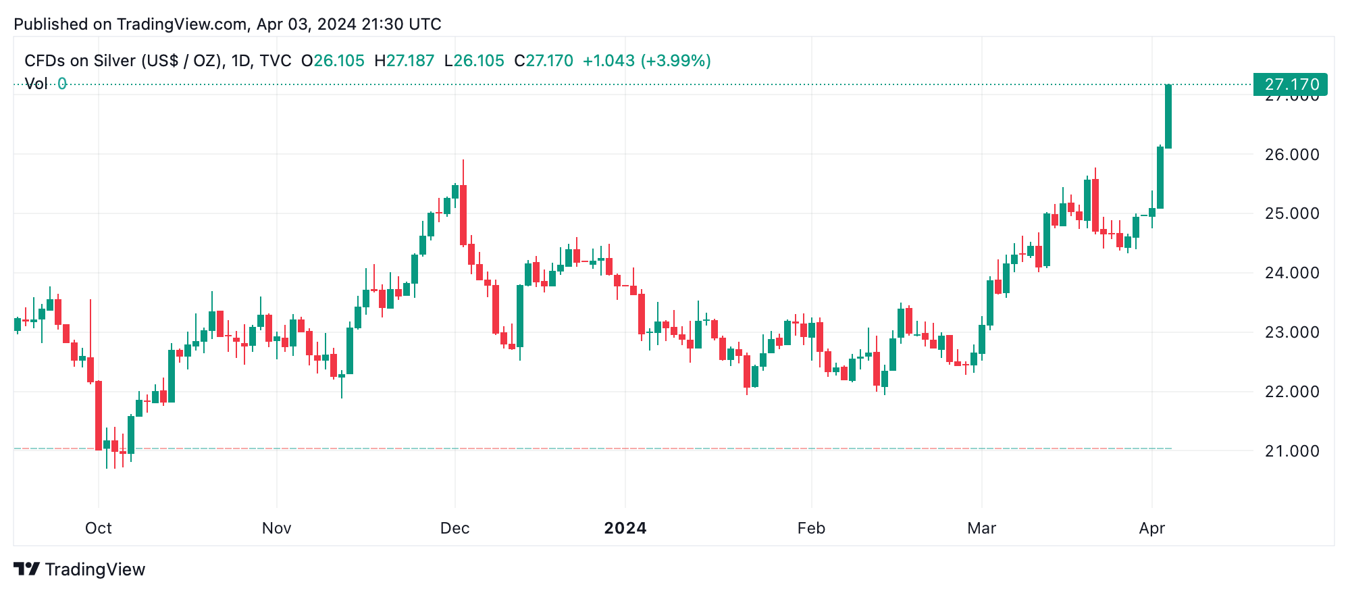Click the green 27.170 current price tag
(x=1290, y=84)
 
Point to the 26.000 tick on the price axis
(x=1291, y=155)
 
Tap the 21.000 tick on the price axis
(x=1291, y=451)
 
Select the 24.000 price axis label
(x=1291, y=273)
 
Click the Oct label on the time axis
(x=99, y=528)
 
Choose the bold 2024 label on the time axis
(x=625, y=528)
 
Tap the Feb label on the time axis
(x=811, y=528)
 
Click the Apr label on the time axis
(x=1151, y=528)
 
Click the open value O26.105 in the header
(x=332, y=61)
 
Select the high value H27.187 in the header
(x=404, y=61)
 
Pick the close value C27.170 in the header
(x=543, y=61)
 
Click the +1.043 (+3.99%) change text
(x=646, y=61)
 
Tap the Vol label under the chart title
(x=36, y=84)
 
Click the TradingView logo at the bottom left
(x=80, y=569)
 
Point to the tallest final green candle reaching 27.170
(x=1168, y=116)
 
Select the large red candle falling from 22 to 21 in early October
(x=99, y=415)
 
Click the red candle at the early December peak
(x=463, y=215)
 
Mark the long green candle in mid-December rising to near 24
(x=520, y=316)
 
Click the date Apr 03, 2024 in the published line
(x=307, y=24)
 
